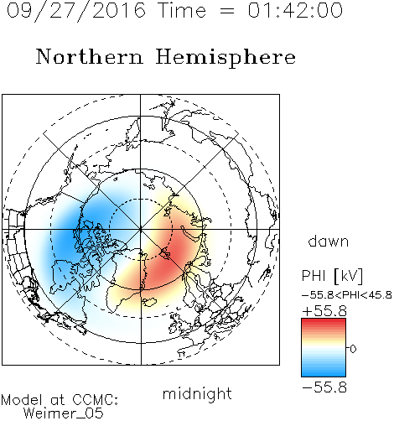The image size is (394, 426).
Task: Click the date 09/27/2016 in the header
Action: point(76,11)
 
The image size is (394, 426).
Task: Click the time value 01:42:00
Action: point(295,10)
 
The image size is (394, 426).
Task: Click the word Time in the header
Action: point(182,10)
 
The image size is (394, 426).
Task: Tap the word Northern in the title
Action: point(90,56)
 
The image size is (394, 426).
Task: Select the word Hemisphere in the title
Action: point(226,58)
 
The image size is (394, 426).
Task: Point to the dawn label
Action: point(329,241)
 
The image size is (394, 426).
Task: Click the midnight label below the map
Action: point(197,393)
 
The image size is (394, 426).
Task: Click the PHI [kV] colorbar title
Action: point(332,276)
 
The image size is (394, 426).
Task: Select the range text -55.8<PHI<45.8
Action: point(347,295)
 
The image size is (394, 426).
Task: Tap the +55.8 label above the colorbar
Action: point(324,311)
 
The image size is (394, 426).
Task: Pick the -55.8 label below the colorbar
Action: point(324,387)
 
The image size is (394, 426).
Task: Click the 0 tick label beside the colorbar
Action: point(353,349)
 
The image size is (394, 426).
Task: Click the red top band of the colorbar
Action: point(324,322)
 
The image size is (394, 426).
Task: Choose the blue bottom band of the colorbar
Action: point(324,373)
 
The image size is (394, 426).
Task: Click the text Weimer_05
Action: point(64,413)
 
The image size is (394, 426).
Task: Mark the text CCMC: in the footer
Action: point(96,400)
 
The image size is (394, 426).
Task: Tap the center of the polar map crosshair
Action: point(141,229)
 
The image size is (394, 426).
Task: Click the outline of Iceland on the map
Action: point(149,302)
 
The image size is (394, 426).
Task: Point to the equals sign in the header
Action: point(227,11)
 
